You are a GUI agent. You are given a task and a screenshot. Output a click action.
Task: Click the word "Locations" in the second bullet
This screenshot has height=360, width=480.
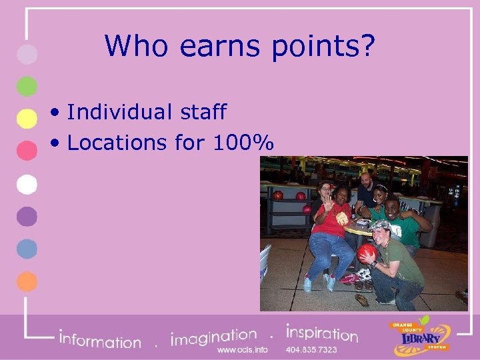(x=117, y=143)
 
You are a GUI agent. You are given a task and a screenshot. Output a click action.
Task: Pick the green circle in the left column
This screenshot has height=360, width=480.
(x=27, y=86)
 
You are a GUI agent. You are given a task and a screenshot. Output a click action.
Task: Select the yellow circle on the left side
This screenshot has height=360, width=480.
(x=27, y=118)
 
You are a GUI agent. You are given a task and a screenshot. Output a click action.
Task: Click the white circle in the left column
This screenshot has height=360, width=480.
(x=27, y=183)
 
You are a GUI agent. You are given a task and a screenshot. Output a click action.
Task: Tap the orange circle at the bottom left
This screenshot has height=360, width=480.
(x=27, y=281)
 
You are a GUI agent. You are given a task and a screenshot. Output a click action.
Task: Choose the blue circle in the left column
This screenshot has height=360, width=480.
(x=27, y=248)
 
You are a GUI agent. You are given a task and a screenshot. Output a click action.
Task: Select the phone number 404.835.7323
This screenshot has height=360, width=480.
(x=311, y=349)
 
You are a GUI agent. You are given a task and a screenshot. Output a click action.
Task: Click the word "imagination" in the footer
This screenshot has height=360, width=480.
(x=213, y=337)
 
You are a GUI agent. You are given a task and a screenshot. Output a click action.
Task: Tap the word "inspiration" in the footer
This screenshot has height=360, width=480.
(x=321, y=333)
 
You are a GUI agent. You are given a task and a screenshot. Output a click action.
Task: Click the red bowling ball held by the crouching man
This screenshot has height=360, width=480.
(x=367, y=253)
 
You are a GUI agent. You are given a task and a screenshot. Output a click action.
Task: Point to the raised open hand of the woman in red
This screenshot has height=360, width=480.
(x=328, y=203)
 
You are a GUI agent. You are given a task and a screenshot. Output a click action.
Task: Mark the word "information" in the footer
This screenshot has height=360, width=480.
(x=100, y=340)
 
